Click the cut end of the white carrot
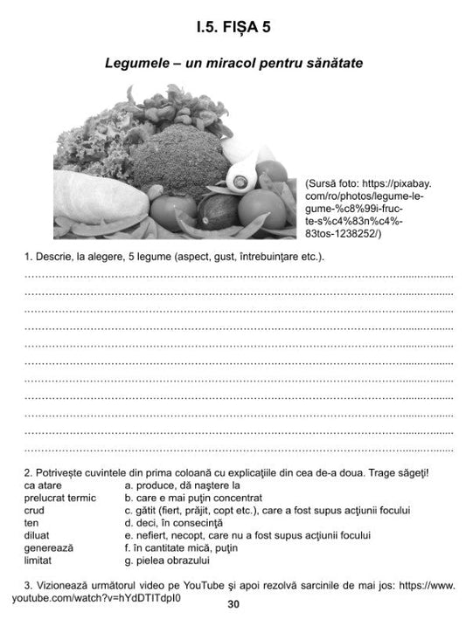238,181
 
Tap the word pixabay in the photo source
411,185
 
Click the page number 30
233,604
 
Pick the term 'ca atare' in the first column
43,485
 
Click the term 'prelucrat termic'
60,498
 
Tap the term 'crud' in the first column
35,510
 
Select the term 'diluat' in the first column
38,535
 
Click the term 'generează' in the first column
49,547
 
